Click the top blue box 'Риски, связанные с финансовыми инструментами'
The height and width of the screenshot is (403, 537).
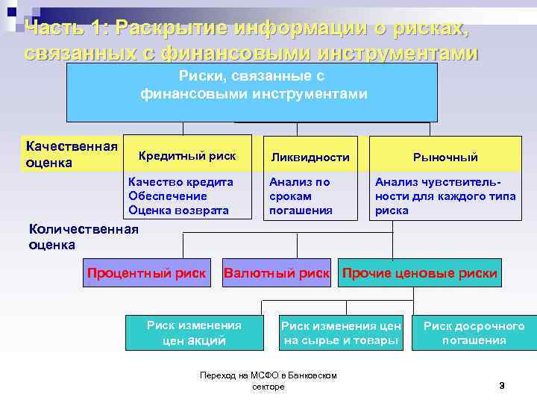pyautogui.click(x=252, y=92)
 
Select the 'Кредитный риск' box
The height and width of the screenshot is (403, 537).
pyautogui.click(x=187, y=155)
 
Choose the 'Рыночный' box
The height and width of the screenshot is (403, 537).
pyautogui.click(x=445, y=157)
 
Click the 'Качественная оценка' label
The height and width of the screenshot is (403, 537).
pyautogui.click(x=71, y=154)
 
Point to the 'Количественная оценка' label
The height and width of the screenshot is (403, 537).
pyautogui.click(x=83, y=237)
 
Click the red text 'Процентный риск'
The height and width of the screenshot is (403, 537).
pyautogui.click(x=146, y=273)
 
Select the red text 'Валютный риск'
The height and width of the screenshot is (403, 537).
pyautogui.click(x=277, y=273)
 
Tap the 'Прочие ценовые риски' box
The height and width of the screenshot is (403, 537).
pyautogui.click(x=419, y=273)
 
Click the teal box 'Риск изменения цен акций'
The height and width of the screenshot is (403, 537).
pyautogui.click(x=194, y=333)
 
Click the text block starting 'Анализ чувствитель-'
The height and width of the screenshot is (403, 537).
pyautogui.click(x=437, y=196)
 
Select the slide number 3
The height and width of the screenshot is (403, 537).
pyautogui.click(x=501, y=385)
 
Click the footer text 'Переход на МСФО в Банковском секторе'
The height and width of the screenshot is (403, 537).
pyautogui.click(x=268, y=381)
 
